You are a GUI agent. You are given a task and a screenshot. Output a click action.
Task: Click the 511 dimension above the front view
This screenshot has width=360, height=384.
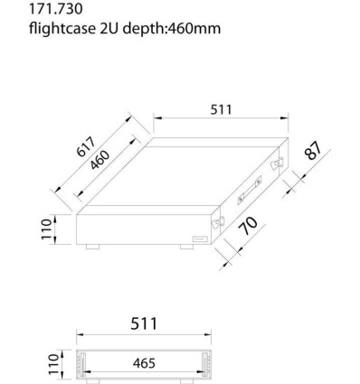pos(144,323)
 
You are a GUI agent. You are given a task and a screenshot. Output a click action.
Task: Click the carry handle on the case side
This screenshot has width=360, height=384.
pos(247,191)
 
